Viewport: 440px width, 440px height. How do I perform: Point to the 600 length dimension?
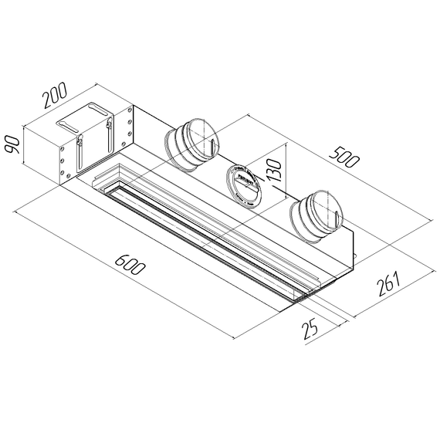pyautogui.click(x=130, y=266)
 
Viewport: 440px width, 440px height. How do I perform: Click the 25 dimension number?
pyautogui.click(x=310, y=330)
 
